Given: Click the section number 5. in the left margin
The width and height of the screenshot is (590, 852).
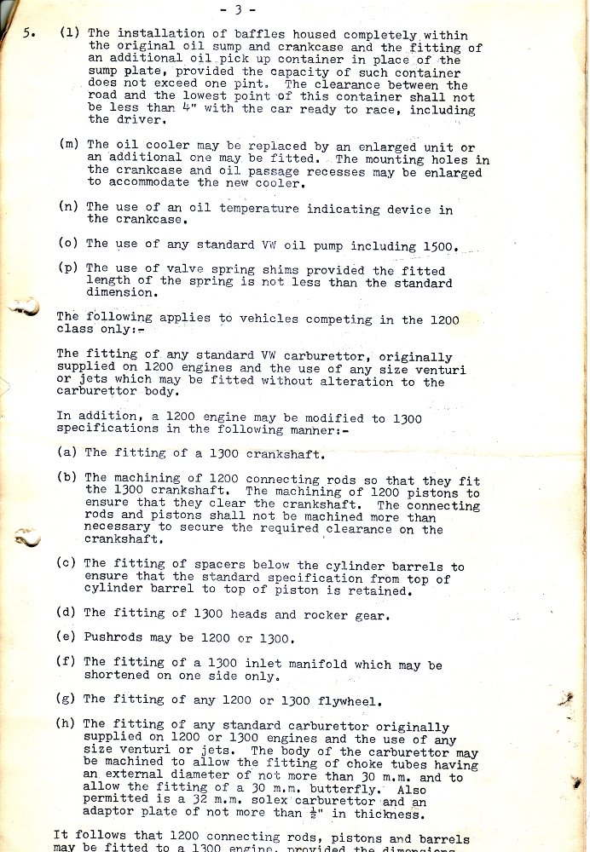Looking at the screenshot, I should (x=27, y=34).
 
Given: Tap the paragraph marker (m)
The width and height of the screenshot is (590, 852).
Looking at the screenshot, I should (x=69, y=145).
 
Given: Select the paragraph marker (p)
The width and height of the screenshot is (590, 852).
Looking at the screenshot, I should (x=69, y=268).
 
